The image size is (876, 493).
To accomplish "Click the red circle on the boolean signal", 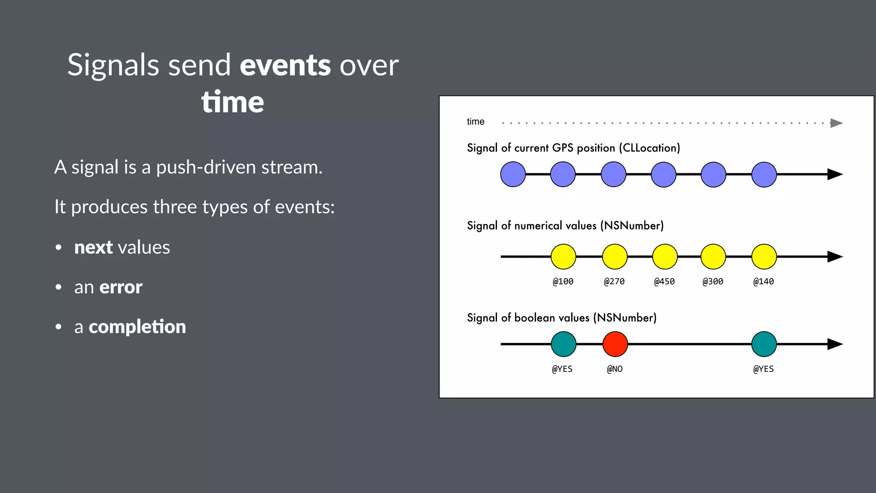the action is (615, 344).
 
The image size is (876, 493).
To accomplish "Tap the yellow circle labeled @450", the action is (665, 257).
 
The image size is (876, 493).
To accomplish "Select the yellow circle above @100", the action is (563, 257).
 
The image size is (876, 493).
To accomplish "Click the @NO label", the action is (615, 369).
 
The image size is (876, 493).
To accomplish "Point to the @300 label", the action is (713, 282).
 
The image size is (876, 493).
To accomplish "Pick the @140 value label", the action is (764, 282).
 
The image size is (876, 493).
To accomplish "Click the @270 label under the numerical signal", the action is (614, 282).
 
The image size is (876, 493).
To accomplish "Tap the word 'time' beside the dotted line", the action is (476, 122).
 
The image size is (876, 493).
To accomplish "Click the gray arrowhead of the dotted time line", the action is (836, 123).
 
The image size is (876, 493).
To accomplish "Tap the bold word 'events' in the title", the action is (285, 65).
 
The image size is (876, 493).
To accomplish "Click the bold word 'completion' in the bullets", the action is (137, 327).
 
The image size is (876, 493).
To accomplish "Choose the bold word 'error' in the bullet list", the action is (121, 287).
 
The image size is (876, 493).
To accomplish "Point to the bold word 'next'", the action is (93, 247).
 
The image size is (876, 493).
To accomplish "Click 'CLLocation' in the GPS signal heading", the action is (649, 148).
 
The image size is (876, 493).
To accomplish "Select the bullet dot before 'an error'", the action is (59, 287).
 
